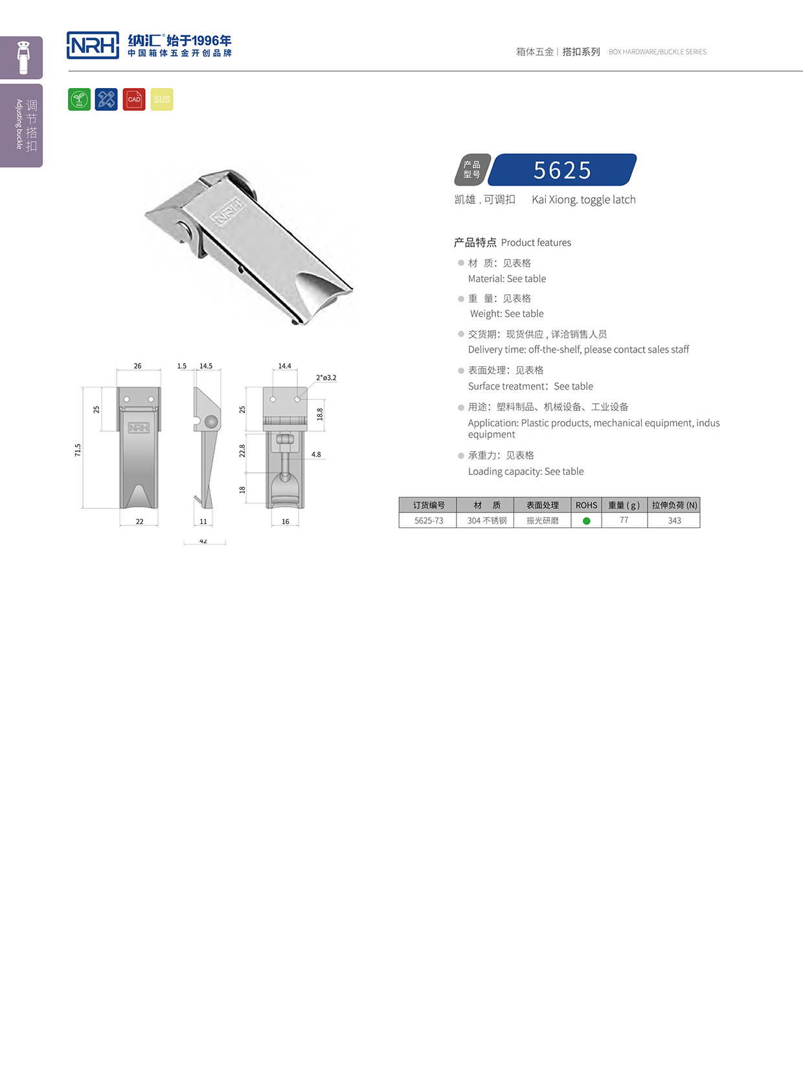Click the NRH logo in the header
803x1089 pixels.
(93, 45)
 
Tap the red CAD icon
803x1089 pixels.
(134, 100)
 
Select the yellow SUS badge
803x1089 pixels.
(162, 100)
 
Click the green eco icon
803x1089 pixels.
(79, 100)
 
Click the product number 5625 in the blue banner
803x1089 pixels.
(562, 170)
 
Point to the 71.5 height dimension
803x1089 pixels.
(78, 450)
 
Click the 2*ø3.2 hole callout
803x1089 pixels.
(326, 377)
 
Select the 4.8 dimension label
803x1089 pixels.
(316, 454)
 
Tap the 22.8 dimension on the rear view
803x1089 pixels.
(242, 450)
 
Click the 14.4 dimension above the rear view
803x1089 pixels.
(284, 366)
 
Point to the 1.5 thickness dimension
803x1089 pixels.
(182, 366)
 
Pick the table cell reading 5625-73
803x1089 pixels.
(429, 520)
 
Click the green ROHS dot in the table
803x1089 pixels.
(587, 521)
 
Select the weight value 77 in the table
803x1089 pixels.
(624, 520)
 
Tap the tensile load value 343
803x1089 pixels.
(674, 520)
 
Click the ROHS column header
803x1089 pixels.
(587, 505)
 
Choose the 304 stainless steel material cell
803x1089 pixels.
(487, 520)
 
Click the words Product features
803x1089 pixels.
(536, 243)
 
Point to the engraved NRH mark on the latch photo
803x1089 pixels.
(229, 212)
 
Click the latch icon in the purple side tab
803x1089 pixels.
(24, 58)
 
